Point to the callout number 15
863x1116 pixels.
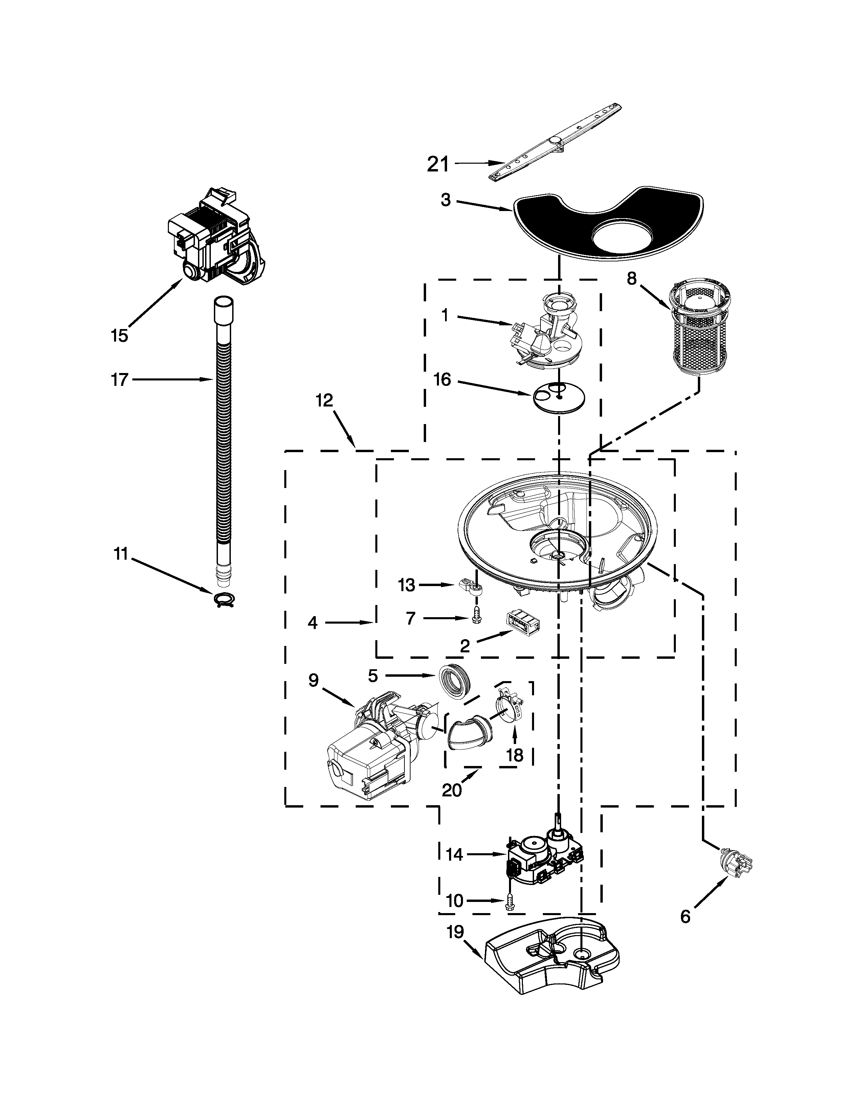click(119, 336)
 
